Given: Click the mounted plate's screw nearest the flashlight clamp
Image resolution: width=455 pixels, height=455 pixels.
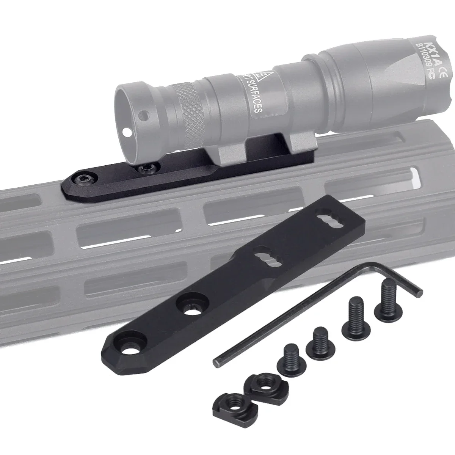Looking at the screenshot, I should (x=144, y=168).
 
